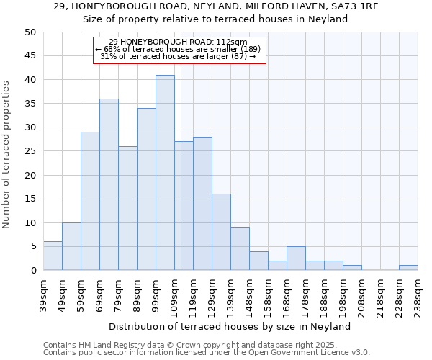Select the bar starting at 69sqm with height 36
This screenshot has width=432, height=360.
[109, 184]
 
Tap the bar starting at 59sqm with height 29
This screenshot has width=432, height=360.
[90, 201]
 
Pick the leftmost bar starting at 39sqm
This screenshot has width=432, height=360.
[53, 256]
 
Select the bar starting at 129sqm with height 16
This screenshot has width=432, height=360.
[221, 232]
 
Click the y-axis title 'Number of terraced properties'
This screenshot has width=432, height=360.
[7, 154]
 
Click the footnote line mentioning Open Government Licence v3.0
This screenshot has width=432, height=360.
[207, 353]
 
